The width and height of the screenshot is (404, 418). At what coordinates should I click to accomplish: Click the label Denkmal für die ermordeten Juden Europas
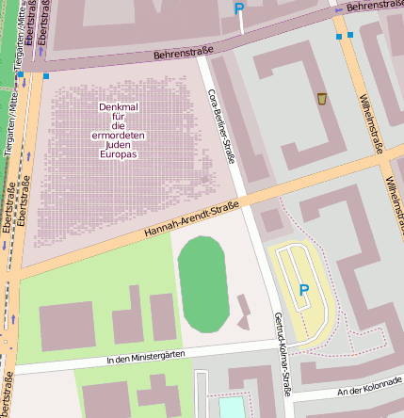pyautogui.click(x=118, y=130)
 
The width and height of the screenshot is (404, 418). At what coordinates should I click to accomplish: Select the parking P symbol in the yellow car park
pyautogui.click(x=303, y=290)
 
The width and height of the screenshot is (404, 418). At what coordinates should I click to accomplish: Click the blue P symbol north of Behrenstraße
pyautogui.click(x=239, y=8)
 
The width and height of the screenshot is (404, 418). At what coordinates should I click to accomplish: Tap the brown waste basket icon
pyautogui.click(x=322, y=99)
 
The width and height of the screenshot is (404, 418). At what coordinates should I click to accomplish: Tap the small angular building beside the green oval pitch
pyautogui.click(x=243, y=312)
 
